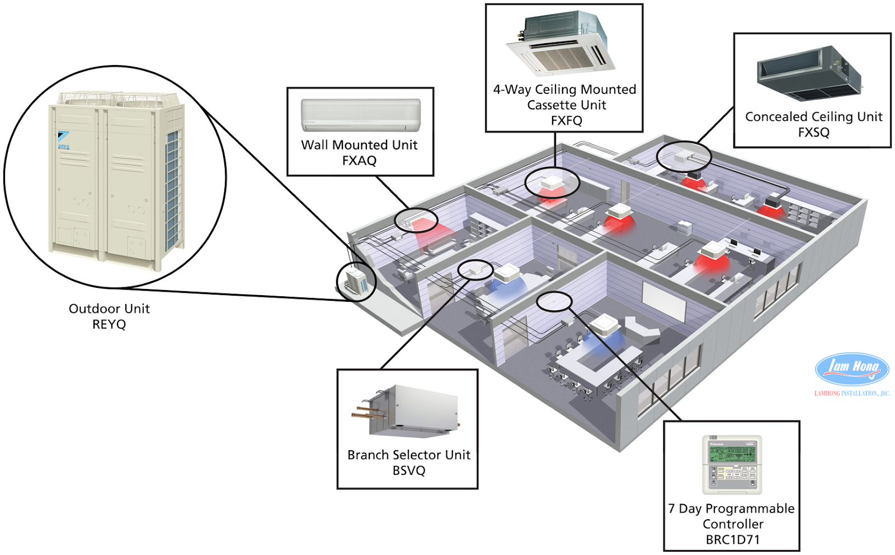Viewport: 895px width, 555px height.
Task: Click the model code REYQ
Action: (x=109, y=324)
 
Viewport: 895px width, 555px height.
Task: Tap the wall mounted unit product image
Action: (x=360, y=115)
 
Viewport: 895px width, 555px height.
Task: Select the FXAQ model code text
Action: (x=359, y=161)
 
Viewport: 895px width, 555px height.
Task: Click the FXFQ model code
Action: (x=566, y=120)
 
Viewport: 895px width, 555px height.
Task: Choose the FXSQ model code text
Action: (x=813, y=132)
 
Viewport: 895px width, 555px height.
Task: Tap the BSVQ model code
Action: (x=408, y=470)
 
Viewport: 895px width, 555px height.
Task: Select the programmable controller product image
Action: (x=732, y=464)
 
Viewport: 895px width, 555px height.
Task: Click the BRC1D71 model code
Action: (x=732, y=540)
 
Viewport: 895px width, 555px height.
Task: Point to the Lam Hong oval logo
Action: (x=852, y=369)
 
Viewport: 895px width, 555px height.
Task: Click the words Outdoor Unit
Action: (x=109, y=309)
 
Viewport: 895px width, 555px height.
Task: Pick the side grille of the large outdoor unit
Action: (x=173, y=190)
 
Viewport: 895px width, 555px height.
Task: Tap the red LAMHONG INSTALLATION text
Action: (x=851, y=394)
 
